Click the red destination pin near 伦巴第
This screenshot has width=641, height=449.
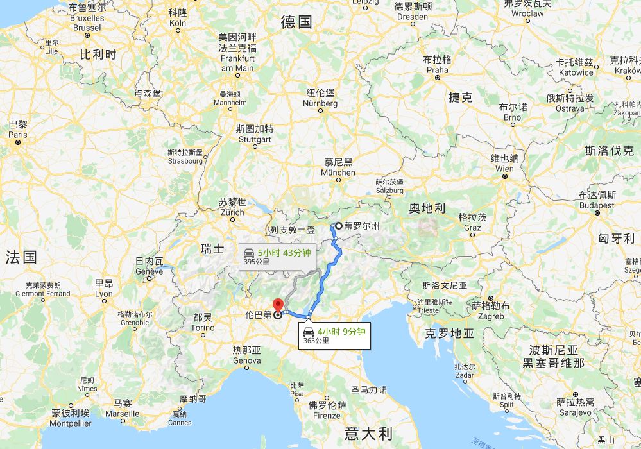(x=278, y=305)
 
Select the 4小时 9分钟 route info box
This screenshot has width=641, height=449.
(x=335, y=335)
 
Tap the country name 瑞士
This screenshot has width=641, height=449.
(x=212, y=248)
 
